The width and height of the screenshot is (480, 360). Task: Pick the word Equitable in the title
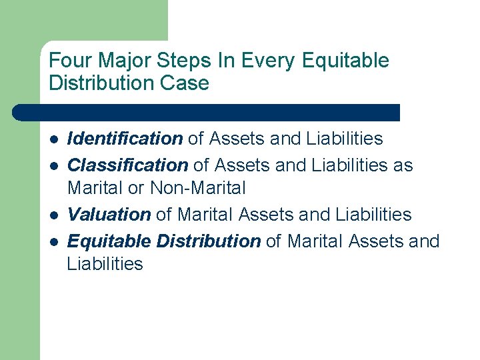(345, 61)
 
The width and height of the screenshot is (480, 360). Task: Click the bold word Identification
(125, 139)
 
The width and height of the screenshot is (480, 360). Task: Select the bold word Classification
(127, 165)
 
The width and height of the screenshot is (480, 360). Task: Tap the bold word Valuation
(109, 215)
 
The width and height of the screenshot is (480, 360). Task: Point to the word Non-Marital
(198, 189)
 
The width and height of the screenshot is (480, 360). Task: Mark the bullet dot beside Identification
(53, 139)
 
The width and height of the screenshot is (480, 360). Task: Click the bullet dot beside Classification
(53, 165)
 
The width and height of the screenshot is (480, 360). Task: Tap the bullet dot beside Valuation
(53, 215)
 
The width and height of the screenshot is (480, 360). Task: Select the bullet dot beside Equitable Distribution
(53, 241)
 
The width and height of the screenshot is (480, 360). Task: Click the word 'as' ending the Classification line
(403, 165)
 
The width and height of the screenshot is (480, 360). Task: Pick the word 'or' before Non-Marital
(136, 189)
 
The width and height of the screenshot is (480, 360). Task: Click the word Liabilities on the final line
(105, 264)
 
